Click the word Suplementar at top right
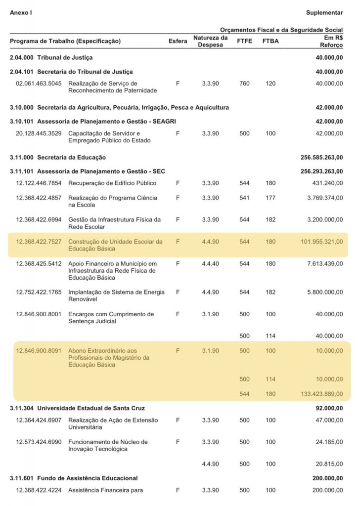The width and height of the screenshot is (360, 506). (x=324, y=12)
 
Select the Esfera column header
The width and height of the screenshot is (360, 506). (x=178, y=41)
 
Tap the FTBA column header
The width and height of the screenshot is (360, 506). (x=270, y=41)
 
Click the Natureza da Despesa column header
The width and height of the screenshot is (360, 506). (x=210, y=41)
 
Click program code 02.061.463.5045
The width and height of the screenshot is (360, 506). (x=39, y=84)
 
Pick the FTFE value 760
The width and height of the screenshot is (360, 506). (x=244, y=84)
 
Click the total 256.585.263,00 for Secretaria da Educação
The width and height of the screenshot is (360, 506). (x=321, y=157)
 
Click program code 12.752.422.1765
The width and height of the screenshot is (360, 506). (x=39, y=293)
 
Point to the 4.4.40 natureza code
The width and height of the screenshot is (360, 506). (x=210, y=263)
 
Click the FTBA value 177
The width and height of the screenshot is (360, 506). (x=270, y=198)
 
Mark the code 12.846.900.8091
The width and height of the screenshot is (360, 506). (x=39, y=350)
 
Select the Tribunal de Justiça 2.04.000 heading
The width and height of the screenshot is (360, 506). (x=51, y=58)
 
